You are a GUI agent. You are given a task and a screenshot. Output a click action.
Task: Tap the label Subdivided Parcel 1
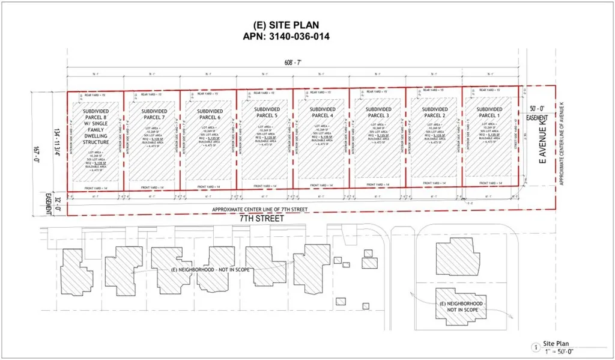point(489,112)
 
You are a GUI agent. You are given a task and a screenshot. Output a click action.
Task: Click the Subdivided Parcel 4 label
point(322,112)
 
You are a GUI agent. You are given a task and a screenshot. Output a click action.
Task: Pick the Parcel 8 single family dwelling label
point(95,126)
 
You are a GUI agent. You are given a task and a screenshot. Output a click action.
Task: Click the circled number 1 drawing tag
point(535,347)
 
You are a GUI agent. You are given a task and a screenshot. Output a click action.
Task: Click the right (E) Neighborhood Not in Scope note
point(461,308)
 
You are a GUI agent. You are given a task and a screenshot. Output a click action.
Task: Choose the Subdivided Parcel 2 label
point(433,112)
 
